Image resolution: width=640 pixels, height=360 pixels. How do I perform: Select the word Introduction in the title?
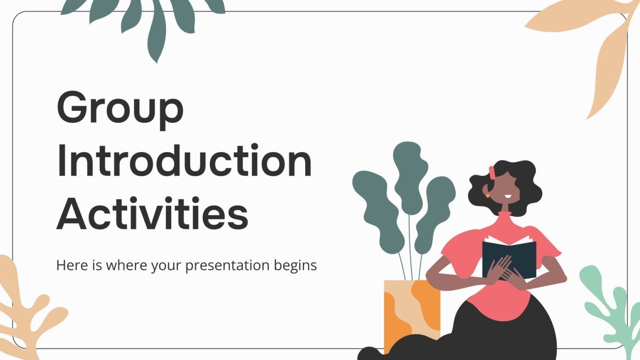tap(184, 163)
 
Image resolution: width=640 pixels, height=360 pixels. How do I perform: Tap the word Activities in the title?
tap(153, 215)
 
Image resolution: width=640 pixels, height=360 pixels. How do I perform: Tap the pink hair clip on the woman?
tap(491, 172)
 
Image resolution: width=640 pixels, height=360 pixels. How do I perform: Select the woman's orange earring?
tap(487, 195)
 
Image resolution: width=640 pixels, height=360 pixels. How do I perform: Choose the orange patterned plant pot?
tap(411, 311)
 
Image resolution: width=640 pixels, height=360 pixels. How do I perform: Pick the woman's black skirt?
tap(502, 330)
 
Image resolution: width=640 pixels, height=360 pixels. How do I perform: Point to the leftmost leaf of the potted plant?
tap(375, 201)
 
